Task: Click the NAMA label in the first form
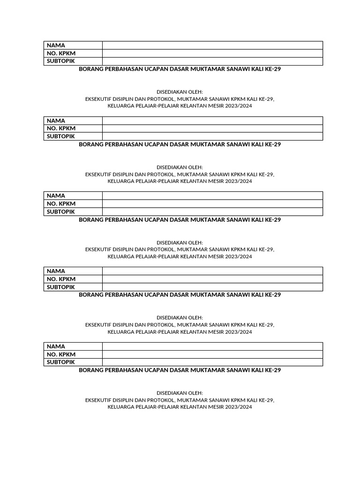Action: [56, 45]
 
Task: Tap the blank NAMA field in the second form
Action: [212, 120]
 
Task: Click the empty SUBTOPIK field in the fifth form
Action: [212, 362]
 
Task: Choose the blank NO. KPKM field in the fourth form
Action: [212, 279]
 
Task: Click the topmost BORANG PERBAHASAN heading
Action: [180, 69]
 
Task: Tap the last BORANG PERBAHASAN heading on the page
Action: [180, 370]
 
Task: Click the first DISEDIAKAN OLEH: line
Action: [180, 92]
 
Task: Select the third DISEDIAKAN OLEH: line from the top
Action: [180, 242]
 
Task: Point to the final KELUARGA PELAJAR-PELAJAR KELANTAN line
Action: [180, 407]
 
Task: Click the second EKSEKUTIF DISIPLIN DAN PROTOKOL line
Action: [180, 174]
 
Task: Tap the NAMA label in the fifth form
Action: [56, 346]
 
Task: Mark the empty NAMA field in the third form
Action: [212, 195]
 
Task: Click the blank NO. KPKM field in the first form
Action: [212, 53]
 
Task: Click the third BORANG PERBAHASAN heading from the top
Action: [180, 219]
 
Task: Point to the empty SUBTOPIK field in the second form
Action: [212, 136]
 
